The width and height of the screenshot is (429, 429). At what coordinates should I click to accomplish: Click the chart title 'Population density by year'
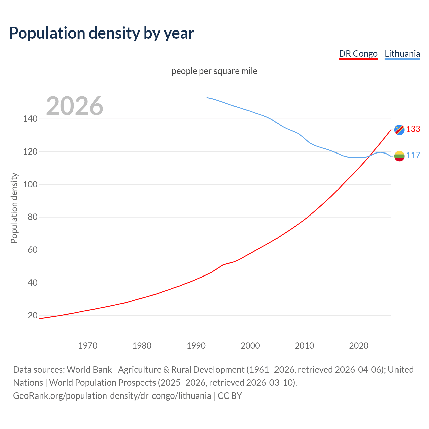[x=102, y=33]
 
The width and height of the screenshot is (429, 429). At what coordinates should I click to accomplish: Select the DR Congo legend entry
[x=358, y=54]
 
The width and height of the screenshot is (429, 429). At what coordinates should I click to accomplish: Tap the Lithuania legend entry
[x=402, y=54]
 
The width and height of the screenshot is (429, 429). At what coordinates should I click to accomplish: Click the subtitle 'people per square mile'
[x=214, y=71]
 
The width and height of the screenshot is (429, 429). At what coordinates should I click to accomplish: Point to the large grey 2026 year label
[x=74, y=106]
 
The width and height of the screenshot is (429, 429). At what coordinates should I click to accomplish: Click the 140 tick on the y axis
[x=30, y=119]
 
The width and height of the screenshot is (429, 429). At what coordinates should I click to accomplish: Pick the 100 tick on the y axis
[x=30, y=184]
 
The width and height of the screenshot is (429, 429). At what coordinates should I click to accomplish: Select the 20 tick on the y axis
[x=32, y=315]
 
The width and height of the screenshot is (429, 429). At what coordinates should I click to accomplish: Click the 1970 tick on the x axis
[x=88, y=346]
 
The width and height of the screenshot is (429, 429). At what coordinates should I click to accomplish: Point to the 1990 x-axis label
[x=196, y=346]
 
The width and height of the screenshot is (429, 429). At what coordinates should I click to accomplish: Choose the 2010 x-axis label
[x=304, y=346]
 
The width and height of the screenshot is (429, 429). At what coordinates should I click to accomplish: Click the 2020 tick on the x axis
[x=359, y=346]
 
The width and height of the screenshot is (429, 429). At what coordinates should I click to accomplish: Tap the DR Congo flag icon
[x=399, y=130]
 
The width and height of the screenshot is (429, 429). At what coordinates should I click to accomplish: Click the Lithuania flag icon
[x=399, y=156]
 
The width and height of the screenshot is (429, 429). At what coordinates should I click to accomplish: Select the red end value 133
[x=413, y=129]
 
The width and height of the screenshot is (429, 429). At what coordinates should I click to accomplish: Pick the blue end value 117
[x=413, y=156]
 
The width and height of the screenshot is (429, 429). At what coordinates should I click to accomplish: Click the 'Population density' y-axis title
[x=14, y=208]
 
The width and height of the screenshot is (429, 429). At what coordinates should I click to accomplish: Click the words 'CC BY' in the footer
[x=230, y=396]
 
